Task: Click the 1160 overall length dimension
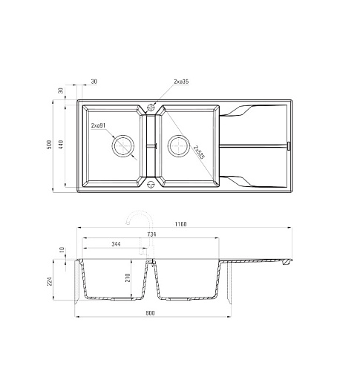click(181, 224)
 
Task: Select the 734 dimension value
click(151, 234)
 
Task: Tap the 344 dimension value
click(116, 244)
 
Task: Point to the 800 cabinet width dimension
click(150, 313)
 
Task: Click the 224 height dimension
click(50, 281)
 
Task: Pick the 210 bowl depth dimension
click(128, 278)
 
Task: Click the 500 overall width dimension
click(50, 145)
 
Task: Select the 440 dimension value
click(61, 145)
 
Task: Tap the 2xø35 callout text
click(181, 82)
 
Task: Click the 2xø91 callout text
click(98, 125)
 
